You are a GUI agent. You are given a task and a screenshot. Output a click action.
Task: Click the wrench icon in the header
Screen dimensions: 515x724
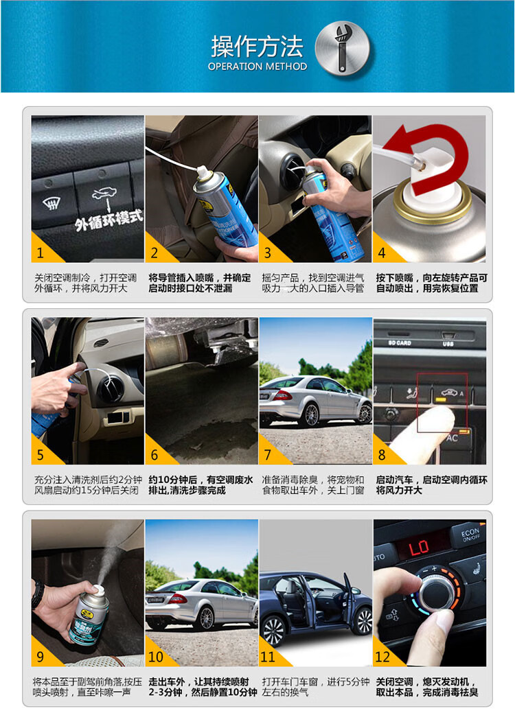pos(341,49)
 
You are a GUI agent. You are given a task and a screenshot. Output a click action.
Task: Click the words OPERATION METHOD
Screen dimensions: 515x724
pos(257,67)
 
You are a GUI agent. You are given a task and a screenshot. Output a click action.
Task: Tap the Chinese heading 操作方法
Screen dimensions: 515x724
pos(257,46)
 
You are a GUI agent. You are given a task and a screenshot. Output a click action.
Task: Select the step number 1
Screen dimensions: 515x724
pos(41,253)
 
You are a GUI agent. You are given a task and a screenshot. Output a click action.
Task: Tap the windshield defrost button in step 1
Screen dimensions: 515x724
pos(51,202)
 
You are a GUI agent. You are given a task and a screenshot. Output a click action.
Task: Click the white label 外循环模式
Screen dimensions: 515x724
pos(109,220)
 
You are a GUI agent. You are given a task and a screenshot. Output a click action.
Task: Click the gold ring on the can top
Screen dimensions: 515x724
pos(433,203)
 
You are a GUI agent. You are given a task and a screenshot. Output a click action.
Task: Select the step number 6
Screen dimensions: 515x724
pos(154,455)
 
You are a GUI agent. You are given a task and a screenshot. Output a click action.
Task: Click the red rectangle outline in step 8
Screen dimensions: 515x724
pos(442,402)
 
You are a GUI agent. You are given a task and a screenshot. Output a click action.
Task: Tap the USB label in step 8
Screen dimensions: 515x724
pos(448,344)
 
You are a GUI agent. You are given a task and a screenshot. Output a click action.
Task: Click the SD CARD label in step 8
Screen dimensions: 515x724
pos(400,343)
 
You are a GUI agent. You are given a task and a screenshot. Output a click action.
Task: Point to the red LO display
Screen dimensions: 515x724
pos(418,548)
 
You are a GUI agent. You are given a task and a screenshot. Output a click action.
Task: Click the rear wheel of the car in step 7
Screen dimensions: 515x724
pos(309,415)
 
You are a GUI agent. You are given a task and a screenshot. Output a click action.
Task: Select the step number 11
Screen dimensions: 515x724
pos(268,657)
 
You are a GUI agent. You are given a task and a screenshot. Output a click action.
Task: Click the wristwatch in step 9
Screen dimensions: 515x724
pos(37,593)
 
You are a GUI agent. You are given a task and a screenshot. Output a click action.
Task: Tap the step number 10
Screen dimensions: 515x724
pos(156,657)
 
